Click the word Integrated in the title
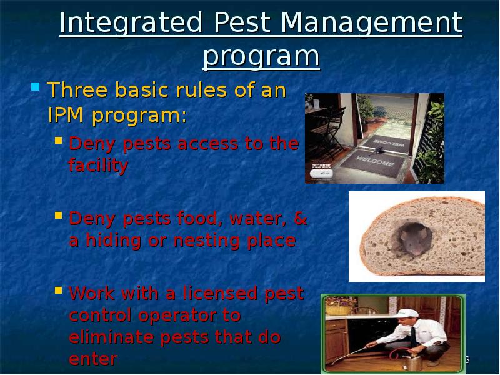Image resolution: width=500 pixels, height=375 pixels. (x=131, y=24)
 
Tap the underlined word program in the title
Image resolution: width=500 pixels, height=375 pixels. (x=261, y=57)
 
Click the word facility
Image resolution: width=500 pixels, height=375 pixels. (x=98, y=166)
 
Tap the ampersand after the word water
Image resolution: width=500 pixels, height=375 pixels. (x=300, y=219)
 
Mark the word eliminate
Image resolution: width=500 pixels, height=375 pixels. (x=111, y=337)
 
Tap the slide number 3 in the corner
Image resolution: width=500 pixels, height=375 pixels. (x=466, y=360)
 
